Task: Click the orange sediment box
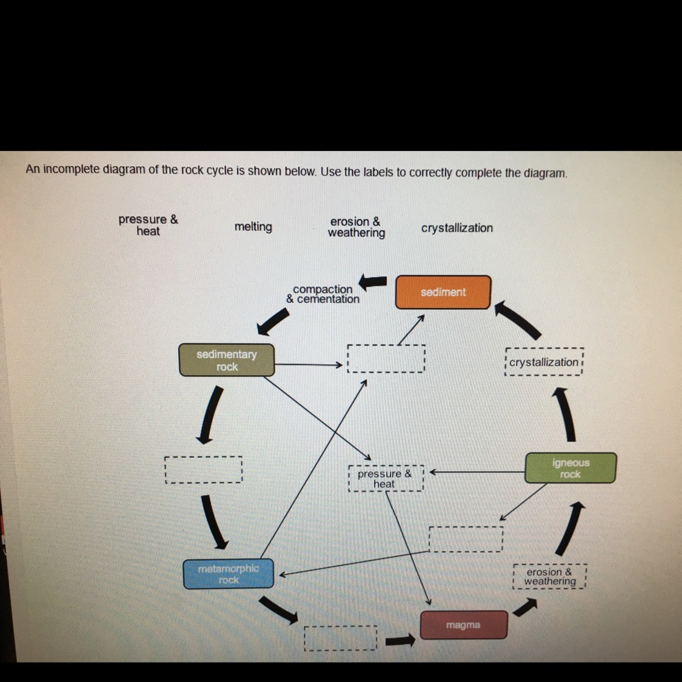tap(443, 292)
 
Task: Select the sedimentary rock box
tap(227, 360)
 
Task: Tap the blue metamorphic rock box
tap(229, 573)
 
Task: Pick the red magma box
tap(464, 625)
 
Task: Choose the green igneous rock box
tap(570, 468)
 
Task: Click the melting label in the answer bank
tap(253, 227)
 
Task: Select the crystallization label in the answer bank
tap(456, 228)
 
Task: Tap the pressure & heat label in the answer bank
tap(149, 225)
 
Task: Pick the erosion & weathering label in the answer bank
tap(356, 227)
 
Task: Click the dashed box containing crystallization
tap(544, 361)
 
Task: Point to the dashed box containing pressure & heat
tap(386, 478)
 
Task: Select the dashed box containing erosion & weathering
tap(550, 577)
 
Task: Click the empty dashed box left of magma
tap(341, 638)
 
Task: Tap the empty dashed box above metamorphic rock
tap(204, 470)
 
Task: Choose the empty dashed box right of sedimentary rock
tap(386, 358)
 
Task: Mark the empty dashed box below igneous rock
tap(466, 540)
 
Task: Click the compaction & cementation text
tap(323, 294)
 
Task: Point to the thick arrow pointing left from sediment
tap(373, 282)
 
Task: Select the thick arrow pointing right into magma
tap(400, 640)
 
